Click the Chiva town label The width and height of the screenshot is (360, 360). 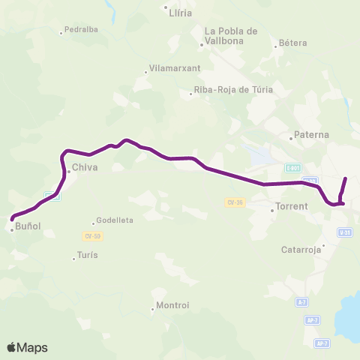85,168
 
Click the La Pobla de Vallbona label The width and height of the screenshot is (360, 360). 231,35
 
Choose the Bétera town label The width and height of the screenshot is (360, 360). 292,43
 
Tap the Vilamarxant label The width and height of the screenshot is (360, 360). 175,67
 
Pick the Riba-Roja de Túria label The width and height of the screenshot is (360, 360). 233,89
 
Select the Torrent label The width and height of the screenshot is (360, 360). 291,205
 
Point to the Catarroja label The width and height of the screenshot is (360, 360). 301,250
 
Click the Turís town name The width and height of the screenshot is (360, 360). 87,255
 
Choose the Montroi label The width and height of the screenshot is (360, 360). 172,305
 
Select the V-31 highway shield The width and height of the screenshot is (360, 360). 345,233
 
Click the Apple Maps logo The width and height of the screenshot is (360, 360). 27,347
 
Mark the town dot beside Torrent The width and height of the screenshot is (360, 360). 272,210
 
